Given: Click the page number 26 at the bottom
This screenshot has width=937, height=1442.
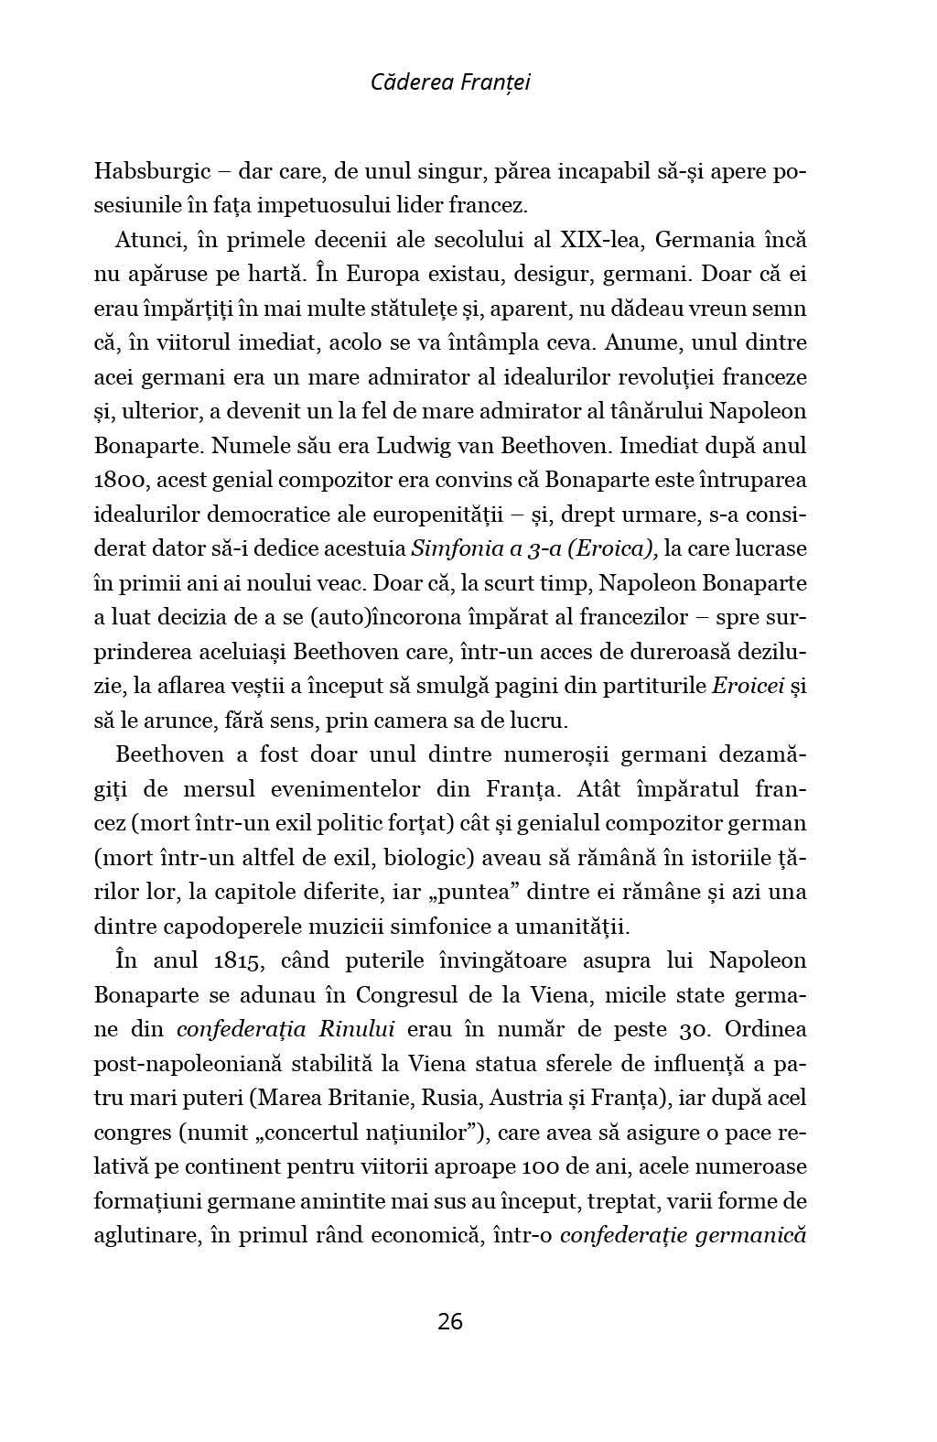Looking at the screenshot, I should click(450, 1321).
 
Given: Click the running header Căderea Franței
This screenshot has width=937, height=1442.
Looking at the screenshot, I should click(450, 82).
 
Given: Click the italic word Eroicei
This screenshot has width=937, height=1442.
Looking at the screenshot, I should click(748, 686).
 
